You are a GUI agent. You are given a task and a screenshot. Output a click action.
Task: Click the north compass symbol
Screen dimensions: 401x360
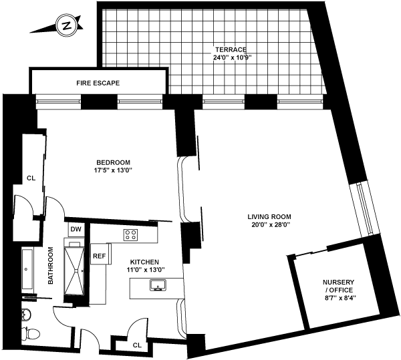[66, 26]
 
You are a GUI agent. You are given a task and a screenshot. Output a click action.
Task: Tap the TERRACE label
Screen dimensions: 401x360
[231, 49]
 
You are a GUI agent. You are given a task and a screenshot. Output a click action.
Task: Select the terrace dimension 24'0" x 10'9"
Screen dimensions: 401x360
[231, 57]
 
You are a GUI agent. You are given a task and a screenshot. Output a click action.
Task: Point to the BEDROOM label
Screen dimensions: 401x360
[113, 162]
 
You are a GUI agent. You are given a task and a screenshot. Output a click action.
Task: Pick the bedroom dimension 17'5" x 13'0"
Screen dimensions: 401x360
[113, 170]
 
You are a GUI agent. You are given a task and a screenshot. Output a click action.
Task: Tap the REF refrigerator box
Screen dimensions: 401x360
[99, 255]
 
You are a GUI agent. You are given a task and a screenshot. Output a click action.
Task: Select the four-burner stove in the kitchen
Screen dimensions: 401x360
[131, 234]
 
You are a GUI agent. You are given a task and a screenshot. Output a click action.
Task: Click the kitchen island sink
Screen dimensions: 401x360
[159, 287]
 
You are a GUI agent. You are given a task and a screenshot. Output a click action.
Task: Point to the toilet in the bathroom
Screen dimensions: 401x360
[28, 332]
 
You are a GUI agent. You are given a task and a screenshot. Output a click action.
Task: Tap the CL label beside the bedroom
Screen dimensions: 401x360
[31, 178]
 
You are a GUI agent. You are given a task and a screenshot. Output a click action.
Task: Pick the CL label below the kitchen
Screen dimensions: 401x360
[137, 345]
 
